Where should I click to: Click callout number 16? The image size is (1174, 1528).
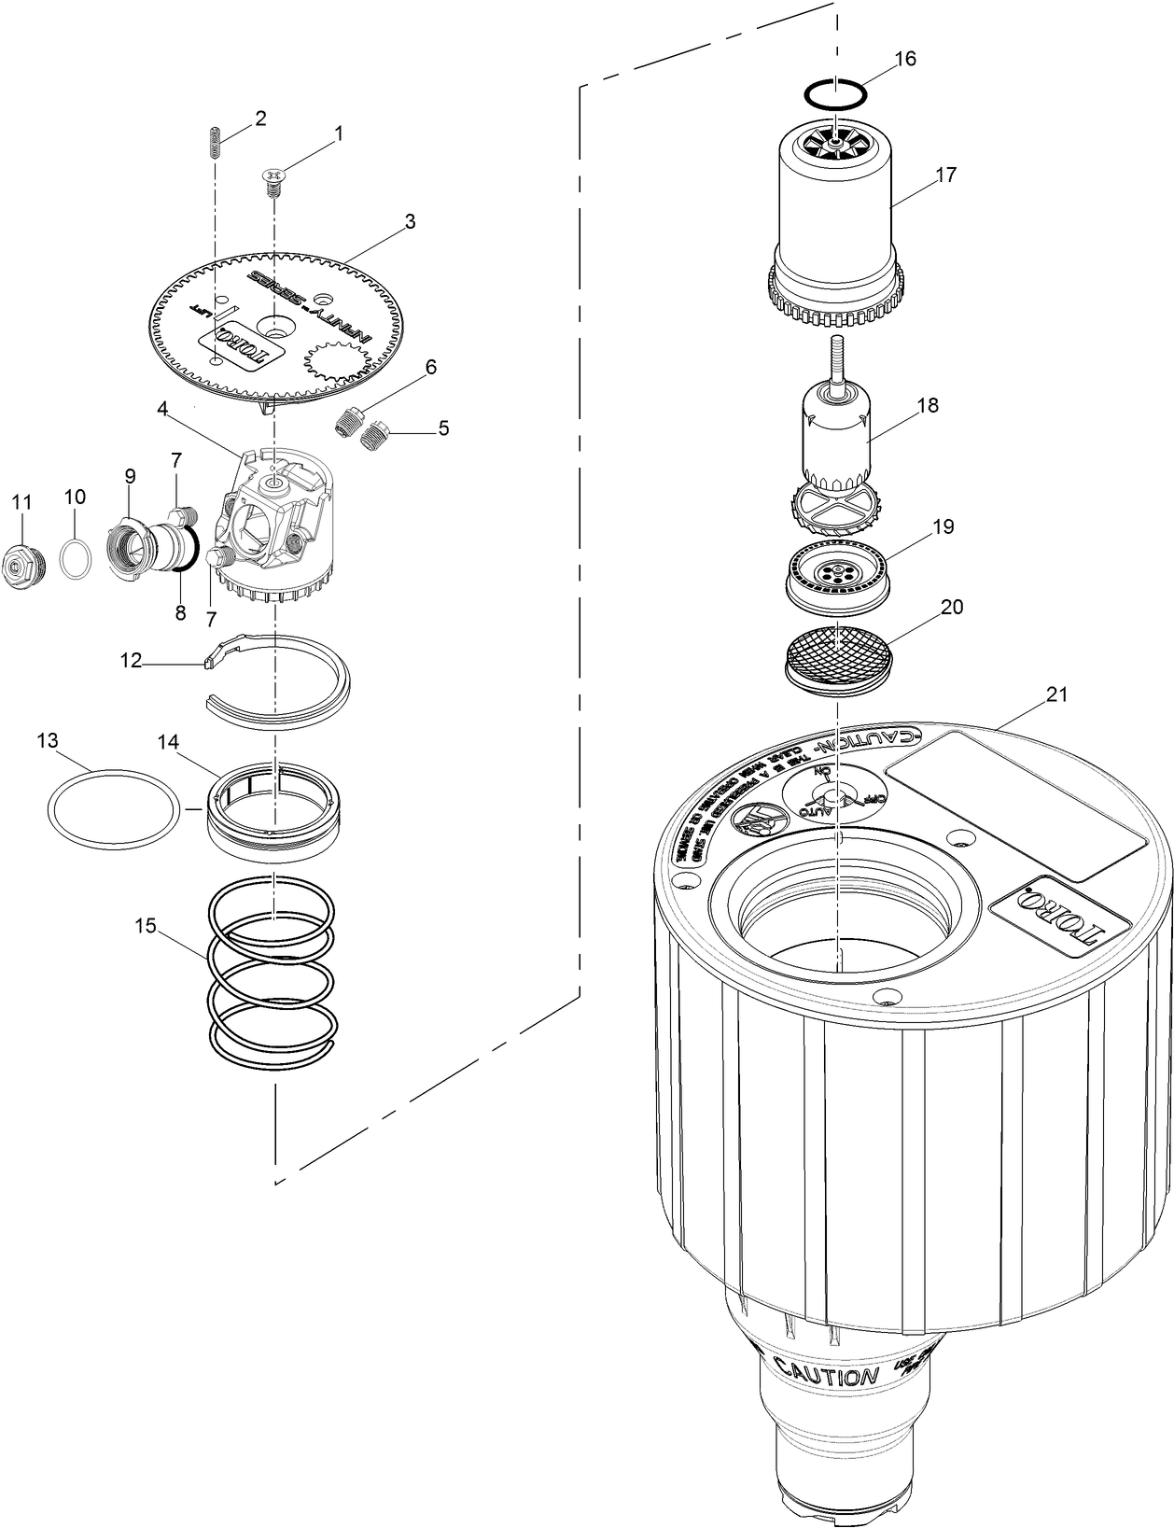[x=905, y=59]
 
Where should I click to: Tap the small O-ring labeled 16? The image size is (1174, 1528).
[x=834, y=93]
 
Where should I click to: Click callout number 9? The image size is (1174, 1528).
[x=129, y=475]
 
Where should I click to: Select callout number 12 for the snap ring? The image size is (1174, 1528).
[x=131, y=660]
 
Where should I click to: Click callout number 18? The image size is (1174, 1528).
[x=927, y=405]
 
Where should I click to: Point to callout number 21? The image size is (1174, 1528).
[x=1056, y=694]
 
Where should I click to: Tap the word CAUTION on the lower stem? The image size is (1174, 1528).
[x=826, y=1376]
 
